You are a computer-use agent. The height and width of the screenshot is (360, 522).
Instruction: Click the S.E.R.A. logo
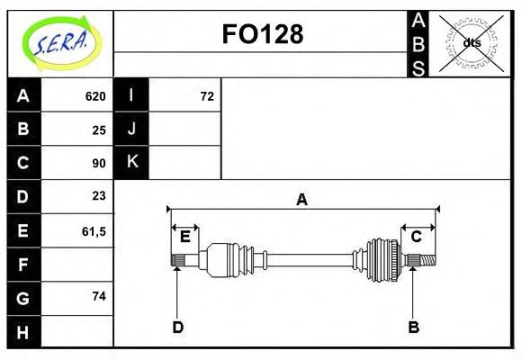pyautogui.click(x=60, y=42)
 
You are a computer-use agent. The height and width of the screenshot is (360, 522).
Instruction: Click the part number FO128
pyautogui.click(x=262, y=34)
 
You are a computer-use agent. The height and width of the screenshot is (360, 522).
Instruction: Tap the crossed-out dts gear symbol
pyautogui.click(x=472, y=42)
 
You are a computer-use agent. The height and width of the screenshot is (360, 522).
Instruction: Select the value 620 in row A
pyautogui.click(x=95, y=96)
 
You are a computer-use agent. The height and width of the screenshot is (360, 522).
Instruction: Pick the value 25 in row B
pyautogui.click(x=99, y=130)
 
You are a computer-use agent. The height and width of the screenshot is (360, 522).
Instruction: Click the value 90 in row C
pyautogui.click(x=99, y=163)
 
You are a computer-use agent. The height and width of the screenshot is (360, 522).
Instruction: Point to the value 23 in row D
pyautogui.click(x=99, y=196)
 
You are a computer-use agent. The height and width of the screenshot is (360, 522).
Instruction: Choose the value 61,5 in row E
pyautogui.click(x=94, y=230)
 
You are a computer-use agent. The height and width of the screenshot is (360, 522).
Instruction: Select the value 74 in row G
pyautogui.click(x=99, y=296)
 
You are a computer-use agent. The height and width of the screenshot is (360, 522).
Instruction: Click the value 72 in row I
pyautogui.click(x=207, y=96)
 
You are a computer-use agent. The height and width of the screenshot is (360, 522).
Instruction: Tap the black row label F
pyautogui.click(x=23, y=265)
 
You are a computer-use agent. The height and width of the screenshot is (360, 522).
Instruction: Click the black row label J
pyautogui.click(x=131, y=129)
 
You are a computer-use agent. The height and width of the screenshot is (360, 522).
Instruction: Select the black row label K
pyautogui.click(x=131, y=162)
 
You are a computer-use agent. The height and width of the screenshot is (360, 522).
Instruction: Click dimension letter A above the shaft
pyautogui.click(x=302, y=200)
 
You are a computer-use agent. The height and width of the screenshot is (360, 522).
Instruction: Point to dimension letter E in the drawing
pyautogui.click(x=184, y=237)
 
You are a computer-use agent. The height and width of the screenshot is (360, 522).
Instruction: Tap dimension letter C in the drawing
pyautogui.click(x=417, y=237)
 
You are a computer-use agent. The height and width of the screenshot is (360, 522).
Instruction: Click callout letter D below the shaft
pyautogui.click(x=177, y=327)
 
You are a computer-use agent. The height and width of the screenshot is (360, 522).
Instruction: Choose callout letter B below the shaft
pyautogui.click(x=413, y=327)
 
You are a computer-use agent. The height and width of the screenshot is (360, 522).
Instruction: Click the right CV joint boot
pyautogui.click(x=382, y=259)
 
